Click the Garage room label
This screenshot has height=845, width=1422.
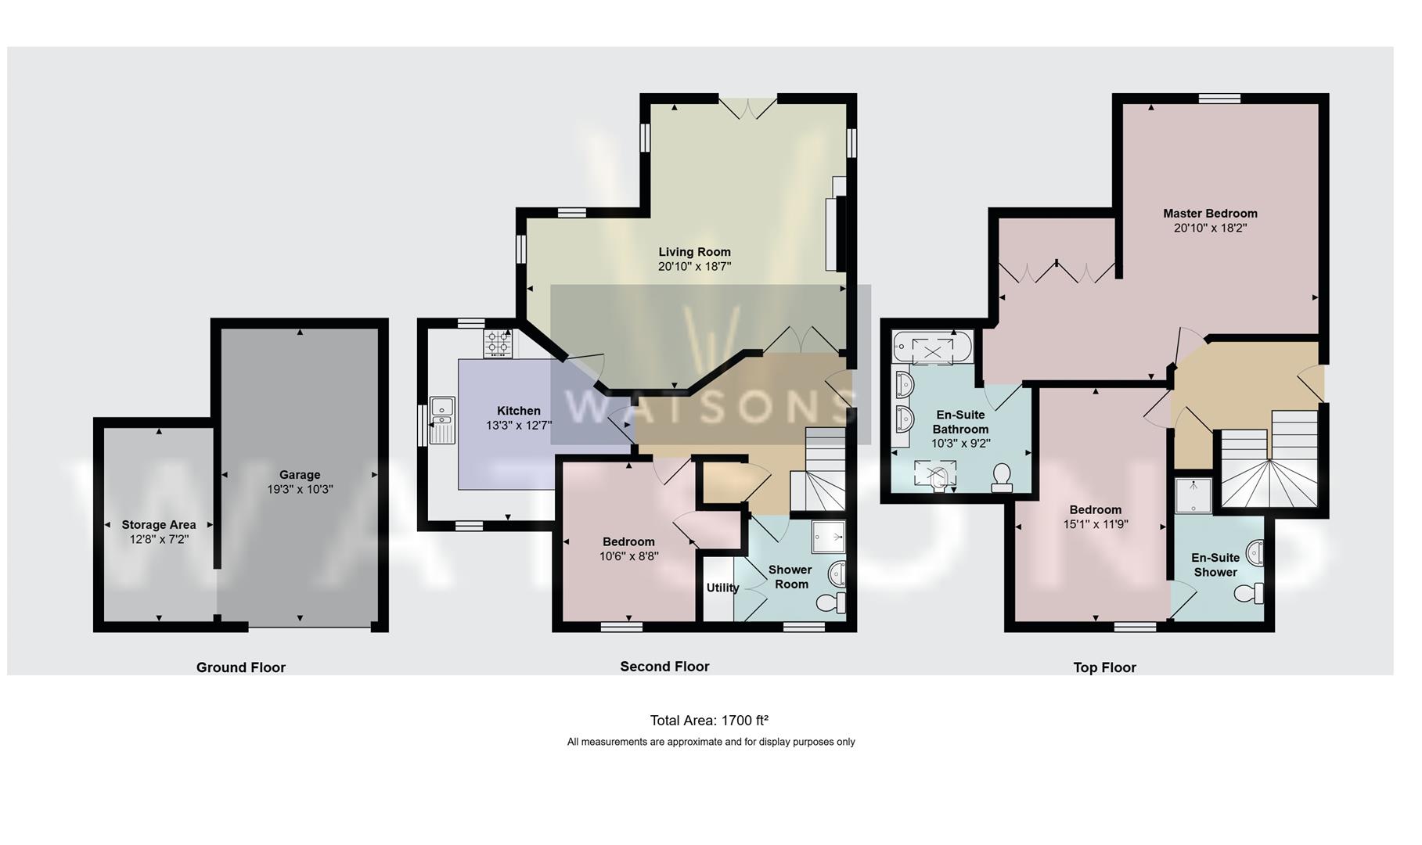tap(300, 474)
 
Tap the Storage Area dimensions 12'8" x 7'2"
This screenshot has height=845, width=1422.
tap(160, 539)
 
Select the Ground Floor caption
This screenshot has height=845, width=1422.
tap(240, 667)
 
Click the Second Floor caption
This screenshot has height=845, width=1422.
tap(664, 667)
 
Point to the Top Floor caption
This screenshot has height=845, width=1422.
tap(1104, 667)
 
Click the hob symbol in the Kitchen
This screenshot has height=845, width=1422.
tap(498, 343)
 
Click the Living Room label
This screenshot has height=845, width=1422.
tap(694, 252)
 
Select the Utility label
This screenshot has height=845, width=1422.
tap(722, 588)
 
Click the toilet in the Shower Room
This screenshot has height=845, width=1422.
tap(831, 602)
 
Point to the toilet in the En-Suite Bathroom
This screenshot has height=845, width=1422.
tap(1002, 477)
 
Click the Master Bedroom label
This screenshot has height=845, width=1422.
tap(1210, 214)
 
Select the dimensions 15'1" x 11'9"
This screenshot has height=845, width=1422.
tap(1096, 524)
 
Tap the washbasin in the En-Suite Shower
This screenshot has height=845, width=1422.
tap(1255, 553)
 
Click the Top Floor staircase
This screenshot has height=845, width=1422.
tap(1268, 469)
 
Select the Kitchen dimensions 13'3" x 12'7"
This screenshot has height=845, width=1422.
tap(519, 426)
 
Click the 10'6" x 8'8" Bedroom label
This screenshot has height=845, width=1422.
tap(628, 541)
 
